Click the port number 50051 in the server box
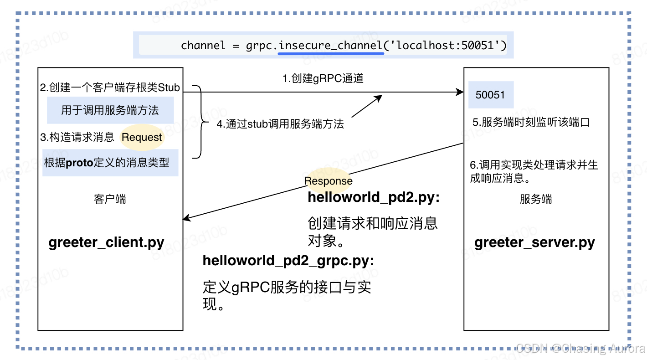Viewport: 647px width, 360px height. click(490, 95)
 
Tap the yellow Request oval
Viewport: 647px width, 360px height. click(142, 138)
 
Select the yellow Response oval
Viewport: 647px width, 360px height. click(328, 180)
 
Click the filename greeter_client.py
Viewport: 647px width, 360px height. click(106, 242)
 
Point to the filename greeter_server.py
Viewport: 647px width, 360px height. click(534, 242)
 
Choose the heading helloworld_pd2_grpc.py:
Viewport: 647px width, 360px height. click(288, 260)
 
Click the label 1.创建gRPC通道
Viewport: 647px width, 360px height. click(323, 78)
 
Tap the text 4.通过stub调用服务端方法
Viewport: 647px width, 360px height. click(280, 124)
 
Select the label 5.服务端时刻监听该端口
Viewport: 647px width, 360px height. click(531, 122)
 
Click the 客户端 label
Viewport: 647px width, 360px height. click(110, 199)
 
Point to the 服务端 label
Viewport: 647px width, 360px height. click(535, 199)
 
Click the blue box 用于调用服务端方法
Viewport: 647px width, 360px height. click(110, 110)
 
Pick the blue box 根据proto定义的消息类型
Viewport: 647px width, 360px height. click(110, 163)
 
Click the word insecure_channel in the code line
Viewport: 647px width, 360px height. click(330, 46)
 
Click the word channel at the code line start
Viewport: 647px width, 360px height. click(203, 46)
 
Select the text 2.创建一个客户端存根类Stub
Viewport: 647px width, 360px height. click(110, 87)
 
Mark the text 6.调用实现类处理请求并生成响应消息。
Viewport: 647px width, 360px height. click(534, 171)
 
